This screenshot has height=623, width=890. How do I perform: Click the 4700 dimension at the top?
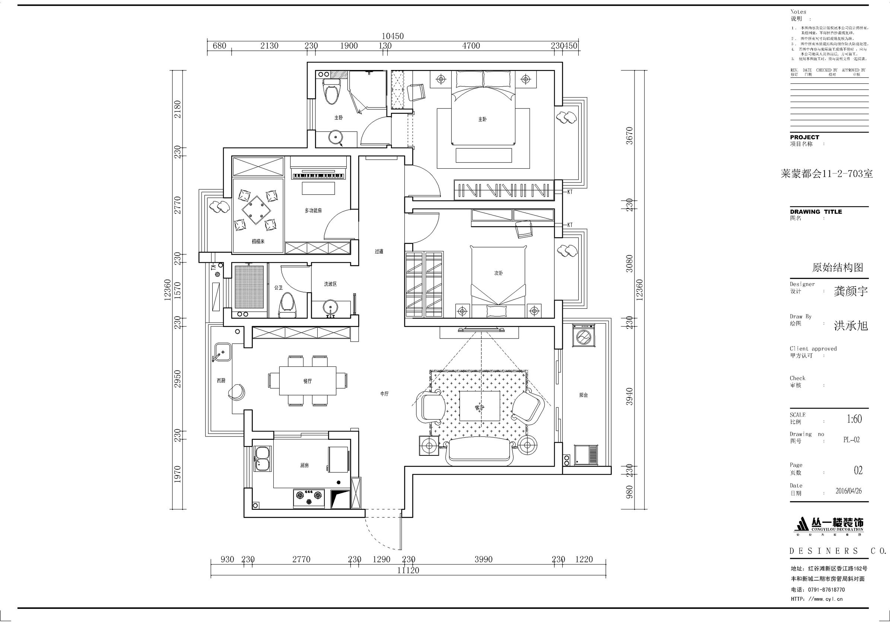tap(471, 46)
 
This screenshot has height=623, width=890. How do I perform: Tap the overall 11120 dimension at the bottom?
tap(408, 570)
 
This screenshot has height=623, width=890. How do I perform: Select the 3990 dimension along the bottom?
tap(483, 559)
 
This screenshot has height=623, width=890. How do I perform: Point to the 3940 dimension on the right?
tap(630, 396)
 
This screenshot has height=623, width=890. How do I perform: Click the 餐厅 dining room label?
tap(307, 381)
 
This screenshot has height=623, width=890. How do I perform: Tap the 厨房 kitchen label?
tap(304, 465)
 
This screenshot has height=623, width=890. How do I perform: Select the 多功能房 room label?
tap(313, 210)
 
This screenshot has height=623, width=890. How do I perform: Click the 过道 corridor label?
tap(379, 251)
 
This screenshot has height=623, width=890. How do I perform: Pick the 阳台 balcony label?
tap(584, 395)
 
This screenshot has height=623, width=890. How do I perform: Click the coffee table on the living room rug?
tap(480, 406)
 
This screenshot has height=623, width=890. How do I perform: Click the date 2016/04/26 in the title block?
tap(849, 491)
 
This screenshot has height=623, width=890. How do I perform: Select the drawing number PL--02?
tap(851, 440)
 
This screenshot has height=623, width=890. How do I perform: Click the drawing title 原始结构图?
tap(837, 267)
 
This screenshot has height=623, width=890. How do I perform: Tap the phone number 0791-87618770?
tap(826, 589)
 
